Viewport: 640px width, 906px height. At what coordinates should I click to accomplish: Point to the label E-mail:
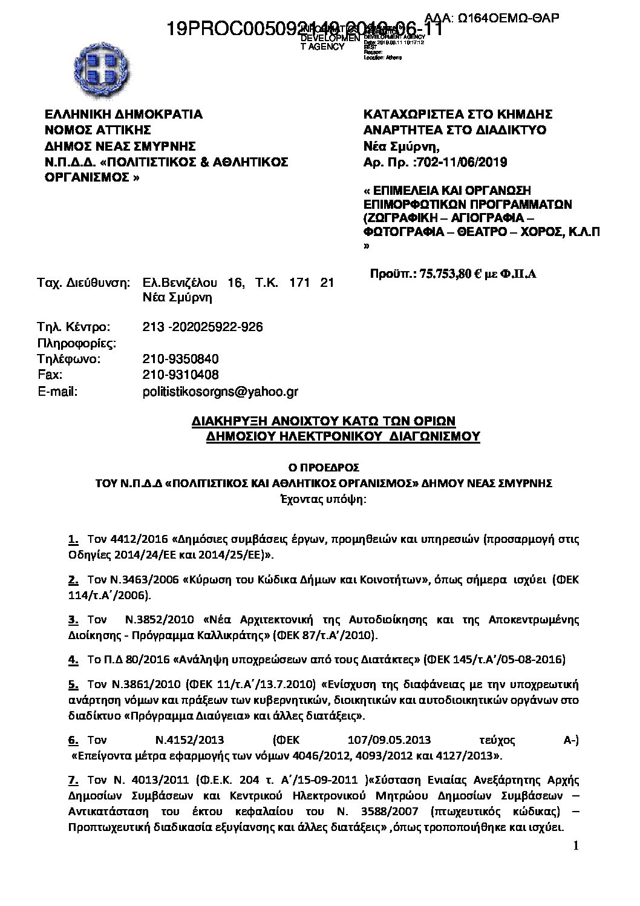point(57,392)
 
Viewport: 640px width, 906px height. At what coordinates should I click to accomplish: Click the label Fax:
point(48,375)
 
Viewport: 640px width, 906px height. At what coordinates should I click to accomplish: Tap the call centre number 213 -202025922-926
point(203,327)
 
